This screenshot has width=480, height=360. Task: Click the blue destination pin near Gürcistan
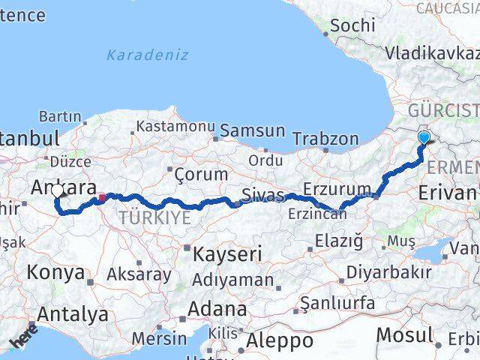425,137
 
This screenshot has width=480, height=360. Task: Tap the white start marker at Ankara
58,192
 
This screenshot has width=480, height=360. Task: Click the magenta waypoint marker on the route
102,198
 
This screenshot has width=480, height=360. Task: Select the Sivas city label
262,196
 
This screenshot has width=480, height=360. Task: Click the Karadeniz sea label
147,55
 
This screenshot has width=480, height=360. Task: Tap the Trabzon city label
325,139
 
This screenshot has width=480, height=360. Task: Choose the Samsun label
253,130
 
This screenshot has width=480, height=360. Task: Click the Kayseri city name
228,254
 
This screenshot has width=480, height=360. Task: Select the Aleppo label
281,340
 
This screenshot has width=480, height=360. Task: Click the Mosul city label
405,334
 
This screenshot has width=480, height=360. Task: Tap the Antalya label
72,314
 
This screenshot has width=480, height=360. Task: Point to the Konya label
56,272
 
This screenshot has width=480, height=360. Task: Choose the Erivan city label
448,193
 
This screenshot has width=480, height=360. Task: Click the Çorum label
200,175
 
